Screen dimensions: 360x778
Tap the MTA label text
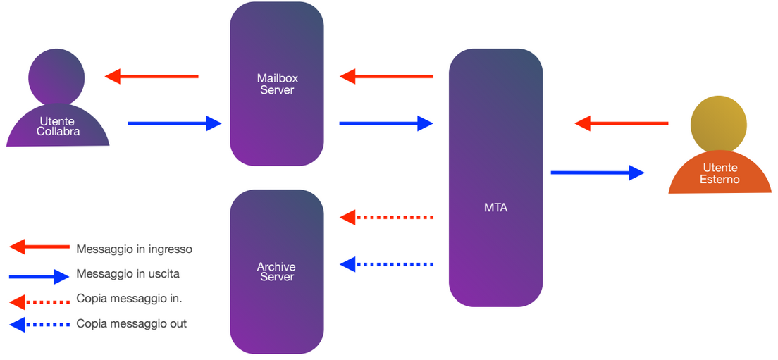(496, 208)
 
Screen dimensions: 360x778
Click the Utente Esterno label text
(720, 174)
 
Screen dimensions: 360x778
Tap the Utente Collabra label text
(57, 127)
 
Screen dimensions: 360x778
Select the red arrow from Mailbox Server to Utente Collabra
(152, 76)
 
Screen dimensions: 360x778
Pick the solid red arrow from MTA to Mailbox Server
(387, 76)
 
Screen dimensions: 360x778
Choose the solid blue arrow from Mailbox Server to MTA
(386, 123)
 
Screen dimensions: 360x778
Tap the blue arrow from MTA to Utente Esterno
(598, 172)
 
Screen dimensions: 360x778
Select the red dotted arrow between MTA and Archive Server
(387, 217)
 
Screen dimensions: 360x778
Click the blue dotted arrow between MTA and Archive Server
(387, 264)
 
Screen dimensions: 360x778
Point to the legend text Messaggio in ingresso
(134, 249)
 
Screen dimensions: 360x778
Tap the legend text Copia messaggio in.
(130, 299)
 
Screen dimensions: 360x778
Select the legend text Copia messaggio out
(132, 324)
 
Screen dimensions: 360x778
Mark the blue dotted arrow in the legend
(39, 325)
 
